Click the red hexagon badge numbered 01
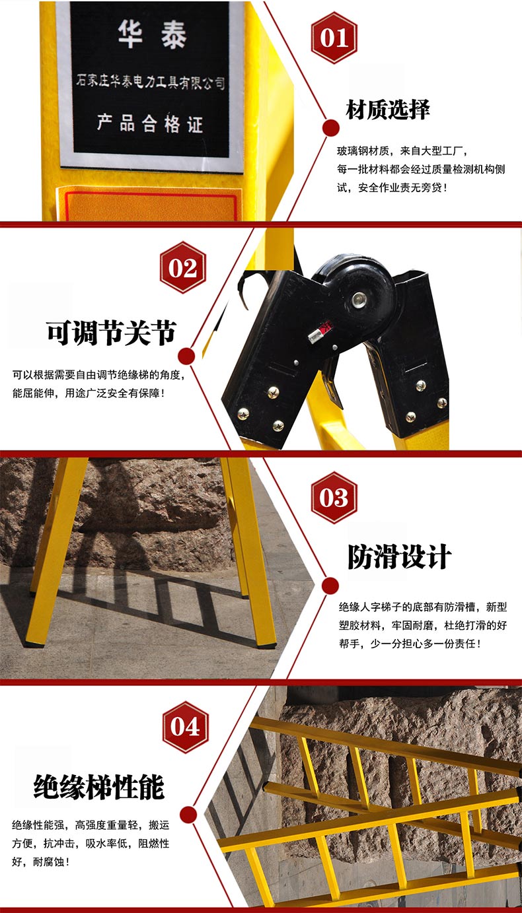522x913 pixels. tap(334, 38)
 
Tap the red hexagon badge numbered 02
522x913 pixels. tap(183, 267)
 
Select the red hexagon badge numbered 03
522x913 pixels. tap(334, 497)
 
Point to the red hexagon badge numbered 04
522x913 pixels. tap(186, 727)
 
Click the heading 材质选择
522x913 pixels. tap(388, 109)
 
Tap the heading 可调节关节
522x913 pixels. tap(111, 333)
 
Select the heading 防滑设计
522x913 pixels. tap(400, 556)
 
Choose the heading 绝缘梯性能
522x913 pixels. tap(99, 787)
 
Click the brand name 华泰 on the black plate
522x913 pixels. tap(152, 34)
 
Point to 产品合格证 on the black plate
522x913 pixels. tap(150, 123)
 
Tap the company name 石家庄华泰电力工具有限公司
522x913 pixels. tap(151, 81)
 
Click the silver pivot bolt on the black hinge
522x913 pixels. tap(359, 300)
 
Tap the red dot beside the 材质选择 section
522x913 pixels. tap(331, 128)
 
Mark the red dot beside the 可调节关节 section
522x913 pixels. tap(186, 356)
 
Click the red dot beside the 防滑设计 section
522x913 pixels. tap(330, 586)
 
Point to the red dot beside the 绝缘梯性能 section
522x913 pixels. tap(188, 815)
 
